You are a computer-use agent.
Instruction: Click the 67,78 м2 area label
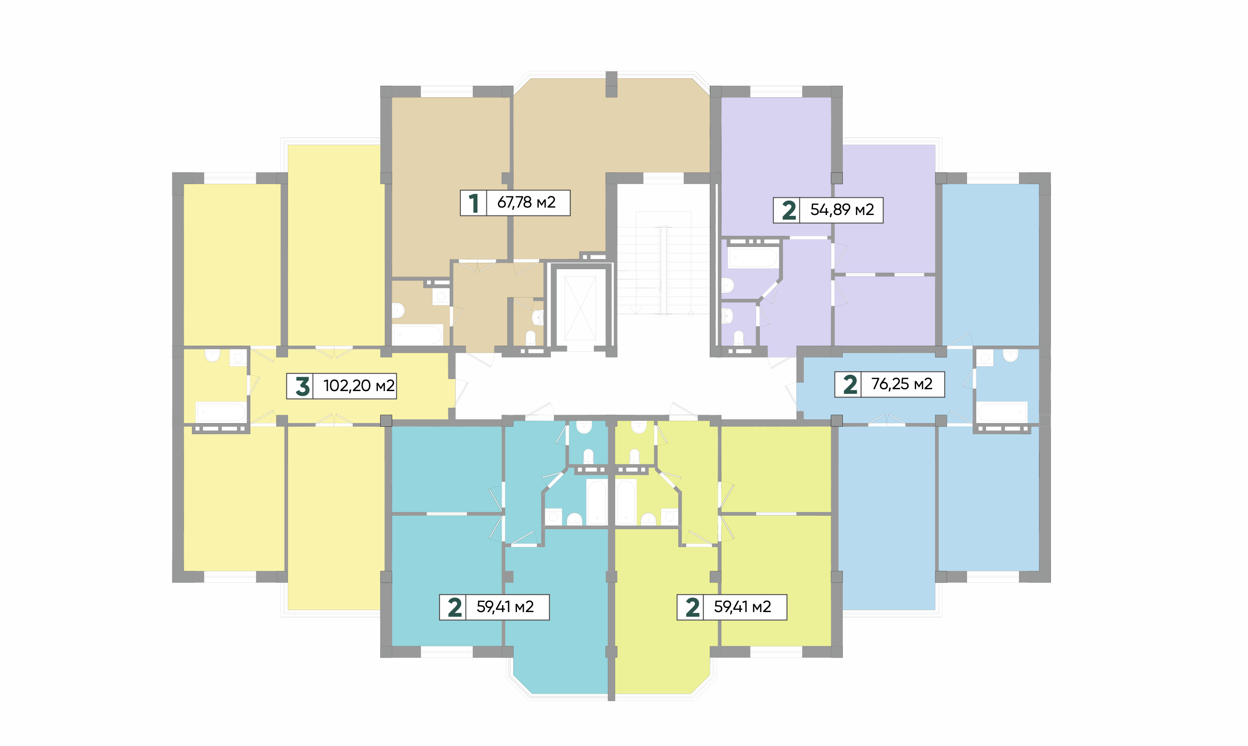point(526,202)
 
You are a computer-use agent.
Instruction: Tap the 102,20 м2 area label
point(358,386)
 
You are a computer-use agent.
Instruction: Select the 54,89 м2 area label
point(842,209)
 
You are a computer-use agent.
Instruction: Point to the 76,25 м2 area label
point(902,384)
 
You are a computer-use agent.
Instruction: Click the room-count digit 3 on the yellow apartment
point(302,386)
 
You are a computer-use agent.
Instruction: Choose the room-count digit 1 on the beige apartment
point(474,203)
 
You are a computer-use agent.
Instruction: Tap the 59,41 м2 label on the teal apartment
point(505,607)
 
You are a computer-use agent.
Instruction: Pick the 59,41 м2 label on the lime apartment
point(742,607)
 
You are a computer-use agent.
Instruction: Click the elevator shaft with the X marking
point(580,308)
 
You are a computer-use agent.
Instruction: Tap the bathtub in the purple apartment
point(753,257)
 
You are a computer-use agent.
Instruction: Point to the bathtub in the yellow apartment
point(220,412)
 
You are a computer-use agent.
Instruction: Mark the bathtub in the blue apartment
point(1002,412)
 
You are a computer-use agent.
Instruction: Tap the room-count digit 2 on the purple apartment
point(789,210)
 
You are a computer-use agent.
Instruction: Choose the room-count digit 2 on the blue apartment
point(850,385)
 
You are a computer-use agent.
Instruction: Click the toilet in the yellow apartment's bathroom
point(213,355)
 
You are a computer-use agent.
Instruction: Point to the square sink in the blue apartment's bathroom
point(985,358)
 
